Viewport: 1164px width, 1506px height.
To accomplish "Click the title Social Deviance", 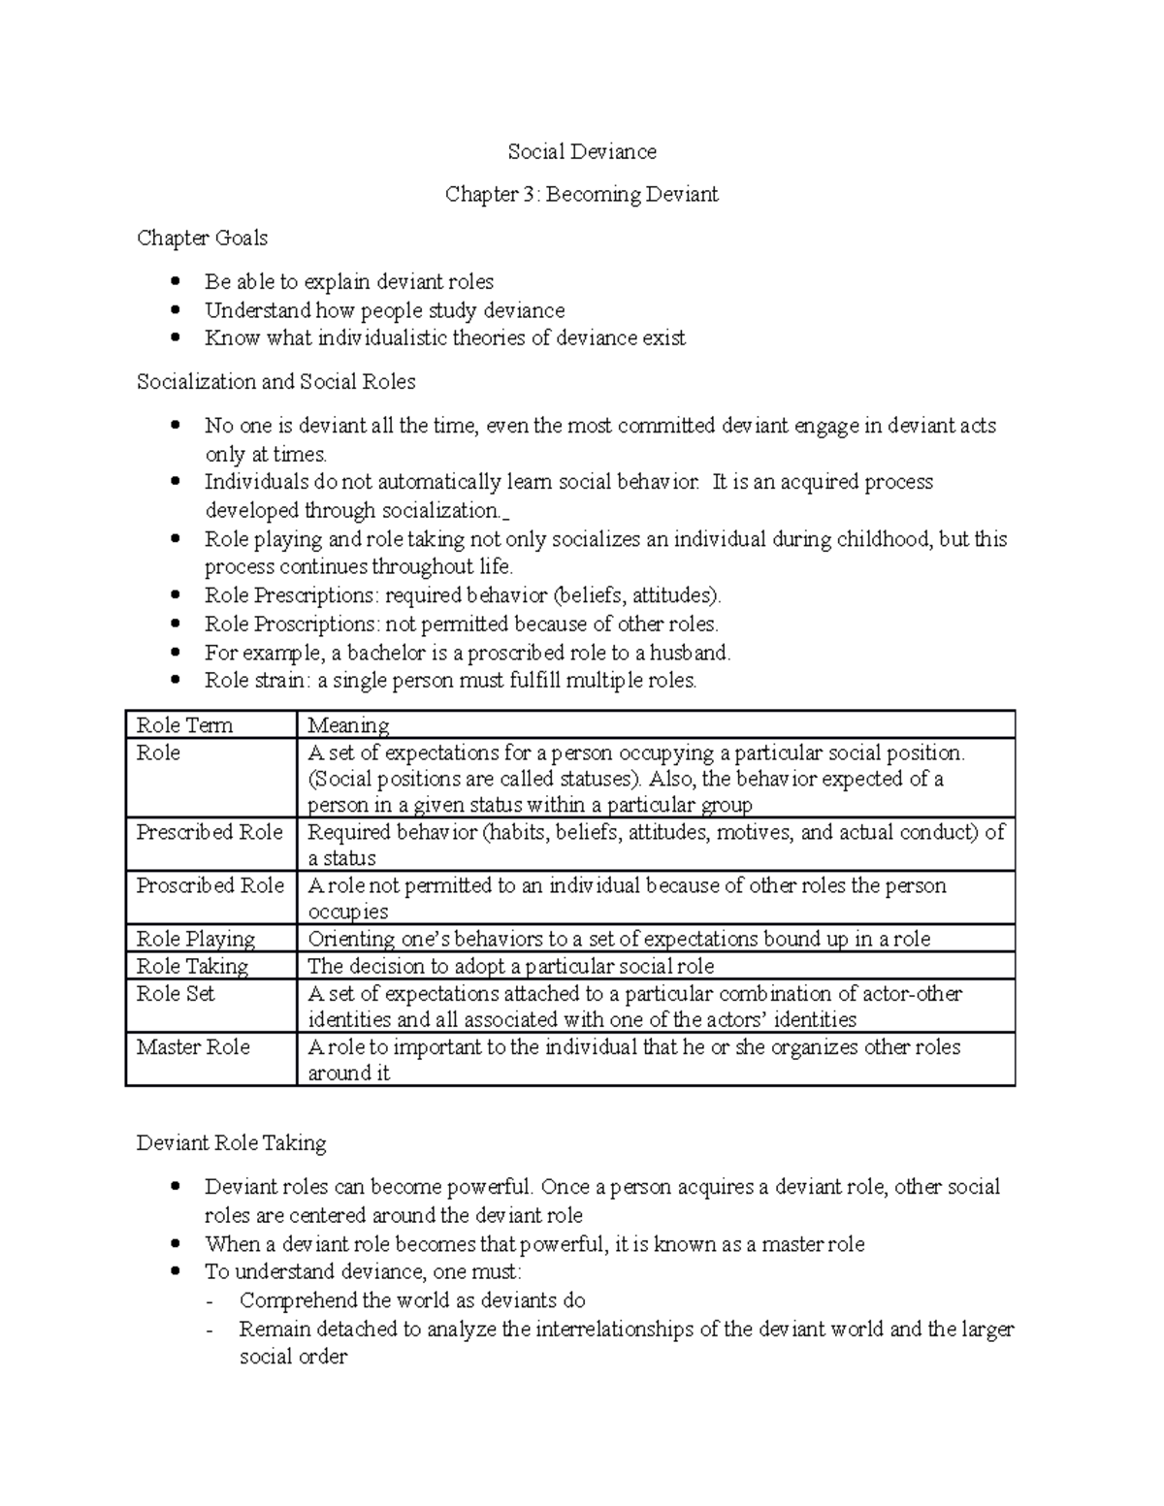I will [582, 151].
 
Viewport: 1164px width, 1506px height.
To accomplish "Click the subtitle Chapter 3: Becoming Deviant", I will [581, 194].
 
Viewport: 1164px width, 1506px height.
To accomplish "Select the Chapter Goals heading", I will [202, 238].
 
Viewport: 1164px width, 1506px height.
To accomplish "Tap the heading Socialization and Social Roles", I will [275, 381].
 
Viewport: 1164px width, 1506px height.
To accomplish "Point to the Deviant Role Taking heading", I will [231, 1142].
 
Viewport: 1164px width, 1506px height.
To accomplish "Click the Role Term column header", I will [184, 724].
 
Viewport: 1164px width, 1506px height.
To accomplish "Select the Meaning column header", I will [348, 724].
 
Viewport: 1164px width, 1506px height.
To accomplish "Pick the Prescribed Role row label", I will [210, 832].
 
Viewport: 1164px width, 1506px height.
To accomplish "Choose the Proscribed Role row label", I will [210, 885].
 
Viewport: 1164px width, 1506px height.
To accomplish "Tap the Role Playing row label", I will [195, 939].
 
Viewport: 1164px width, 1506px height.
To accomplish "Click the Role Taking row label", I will [192, 966].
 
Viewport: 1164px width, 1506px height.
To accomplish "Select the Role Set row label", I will [176, 993].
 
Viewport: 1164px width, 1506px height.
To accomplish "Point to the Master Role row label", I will [193, 1046].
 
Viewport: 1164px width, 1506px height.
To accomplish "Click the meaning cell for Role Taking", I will [510, 966].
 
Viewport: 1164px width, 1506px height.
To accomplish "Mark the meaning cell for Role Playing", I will [618, 939].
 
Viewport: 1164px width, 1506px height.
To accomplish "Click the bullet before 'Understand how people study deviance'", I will [175, 310].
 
